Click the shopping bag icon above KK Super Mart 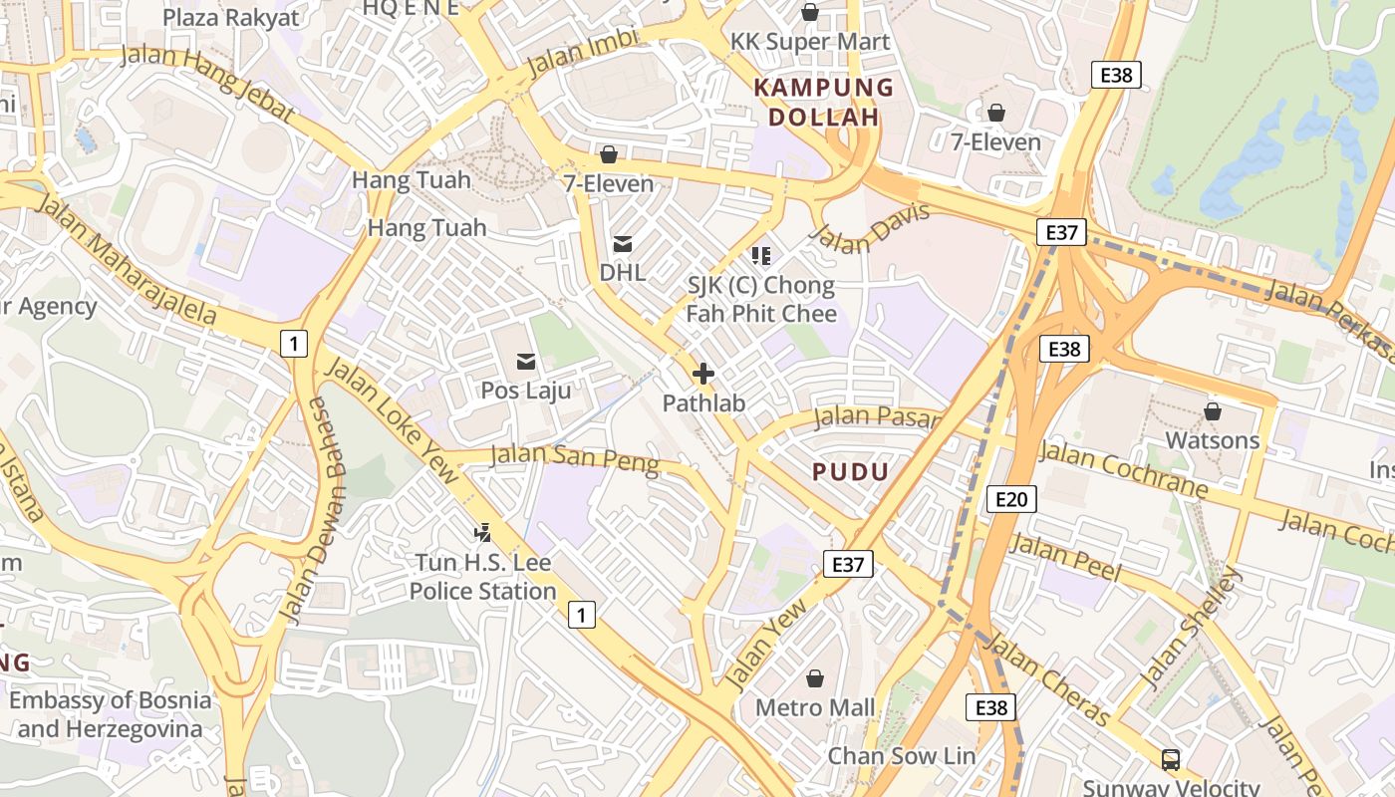coord(810,12)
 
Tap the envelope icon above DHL coord(623,243)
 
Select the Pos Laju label coord(526,390)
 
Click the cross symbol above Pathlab coord(703,375)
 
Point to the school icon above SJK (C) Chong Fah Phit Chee coord(761,256)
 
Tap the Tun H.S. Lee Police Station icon coord(483,533)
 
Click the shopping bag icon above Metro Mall coord(815,678)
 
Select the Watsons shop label coord(1213,439)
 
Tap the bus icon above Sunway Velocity coord(1171,760)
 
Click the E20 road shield coord(1011,499)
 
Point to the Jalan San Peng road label coord(575,459)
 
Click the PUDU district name coord(850,472)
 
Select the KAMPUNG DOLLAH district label coord(824,103)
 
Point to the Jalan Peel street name coord(1065,559)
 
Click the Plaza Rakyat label coord(230,17)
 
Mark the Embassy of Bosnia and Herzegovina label coord(111,714)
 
